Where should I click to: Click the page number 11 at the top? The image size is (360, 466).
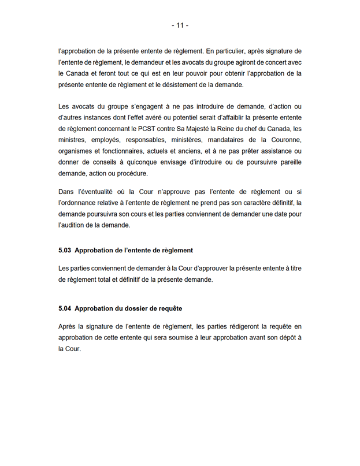coord(180,25)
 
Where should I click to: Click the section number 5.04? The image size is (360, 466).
coord(65,308)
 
